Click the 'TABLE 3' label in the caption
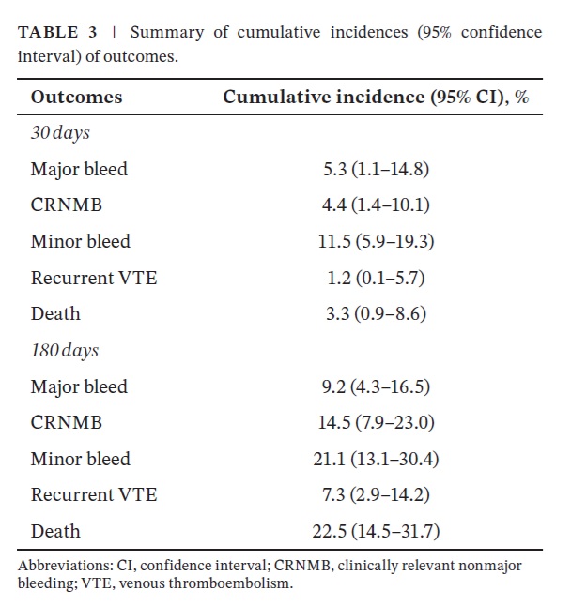point(57,32)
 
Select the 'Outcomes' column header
point(76,98)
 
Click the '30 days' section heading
point(60,133)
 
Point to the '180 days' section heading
point(65,351)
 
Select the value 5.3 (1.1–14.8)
point(376,170)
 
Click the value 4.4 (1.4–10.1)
point(376,205)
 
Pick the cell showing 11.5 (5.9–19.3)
point(376,242)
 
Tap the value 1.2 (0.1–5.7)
point(376,278)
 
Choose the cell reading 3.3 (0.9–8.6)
point(376,314)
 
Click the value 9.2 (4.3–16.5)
point(376,386)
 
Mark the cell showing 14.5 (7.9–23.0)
point(376,423)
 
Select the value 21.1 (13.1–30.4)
point(376,459)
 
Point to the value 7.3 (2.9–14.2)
point(376,495)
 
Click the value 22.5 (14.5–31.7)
point(376,531)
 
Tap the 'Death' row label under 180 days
point(55,531)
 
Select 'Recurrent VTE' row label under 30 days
point(93,278)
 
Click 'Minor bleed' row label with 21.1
point(80,459)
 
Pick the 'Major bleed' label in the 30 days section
point(79,170)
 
